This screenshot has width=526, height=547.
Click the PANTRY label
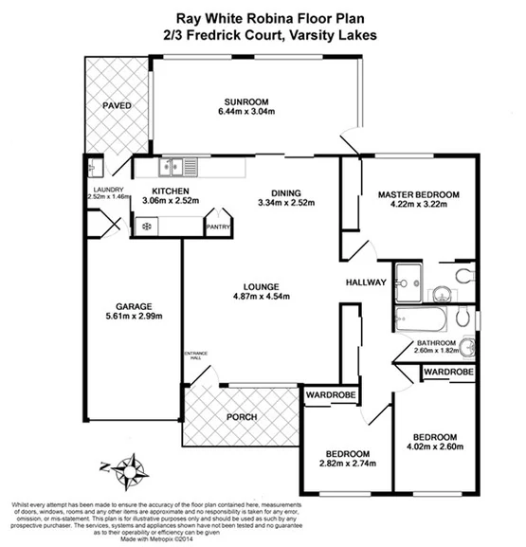pos(219,228)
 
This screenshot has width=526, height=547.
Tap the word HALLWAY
pos(365,283)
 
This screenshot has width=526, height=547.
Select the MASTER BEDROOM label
pos(418,195)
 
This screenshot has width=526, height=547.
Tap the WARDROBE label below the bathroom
pos(447,373)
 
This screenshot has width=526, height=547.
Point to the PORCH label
pos(243,417)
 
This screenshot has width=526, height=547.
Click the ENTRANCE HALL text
pos(195,356)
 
